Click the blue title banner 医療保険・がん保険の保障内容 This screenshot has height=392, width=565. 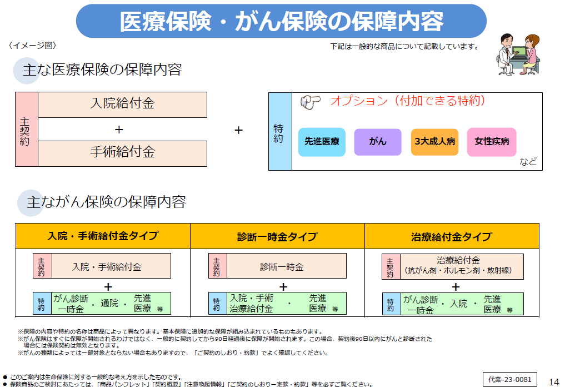point(281,21)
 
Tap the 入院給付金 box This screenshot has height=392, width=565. point(122,104)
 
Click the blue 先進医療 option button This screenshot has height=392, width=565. point(322,142)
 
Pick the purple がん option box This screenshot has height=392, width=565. point(378,142)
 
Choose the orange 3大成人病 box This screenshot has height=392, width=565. point(434,142)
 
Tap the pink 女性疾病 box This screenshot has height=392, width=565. point(492,142)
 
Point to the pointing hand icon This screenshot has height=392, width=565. point(311,102)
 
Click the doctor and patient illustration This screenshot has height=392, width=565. point(517,54)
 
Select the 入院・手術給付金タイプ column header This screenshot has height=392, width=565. point(103,236)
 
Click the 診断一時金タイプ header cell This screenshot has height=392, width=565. point(277,236)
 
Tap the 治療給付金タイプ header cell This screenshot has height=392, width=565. point(452,236)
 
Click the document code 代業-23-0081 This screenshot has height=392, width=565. point(509,380)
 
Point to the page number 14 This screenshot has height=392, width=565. point(553,382)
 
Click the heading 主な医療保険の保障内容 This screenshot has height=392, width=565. point(102,71)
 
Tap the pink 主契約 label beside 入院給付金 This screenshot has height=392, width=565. point(26,130)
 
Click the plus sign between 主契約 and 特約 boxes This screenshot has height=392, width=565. point(238,130)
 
